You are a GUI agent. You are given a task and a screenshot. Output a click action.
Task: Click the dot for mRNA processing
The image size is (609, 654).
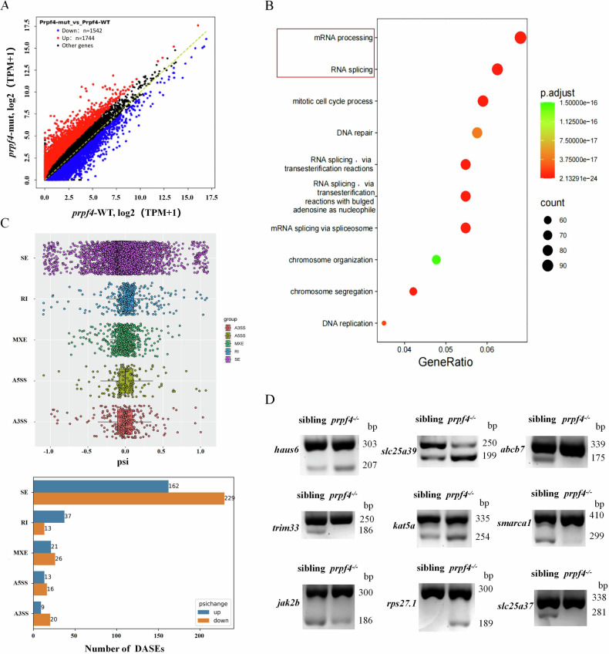point(520,37)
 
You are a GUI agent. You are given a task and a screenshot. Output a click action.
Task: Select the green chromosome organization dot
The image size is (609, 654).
point(436,259)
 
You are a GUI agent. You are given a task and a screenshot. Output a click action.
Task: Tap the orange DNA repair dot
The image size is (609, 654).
point(477,133)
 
